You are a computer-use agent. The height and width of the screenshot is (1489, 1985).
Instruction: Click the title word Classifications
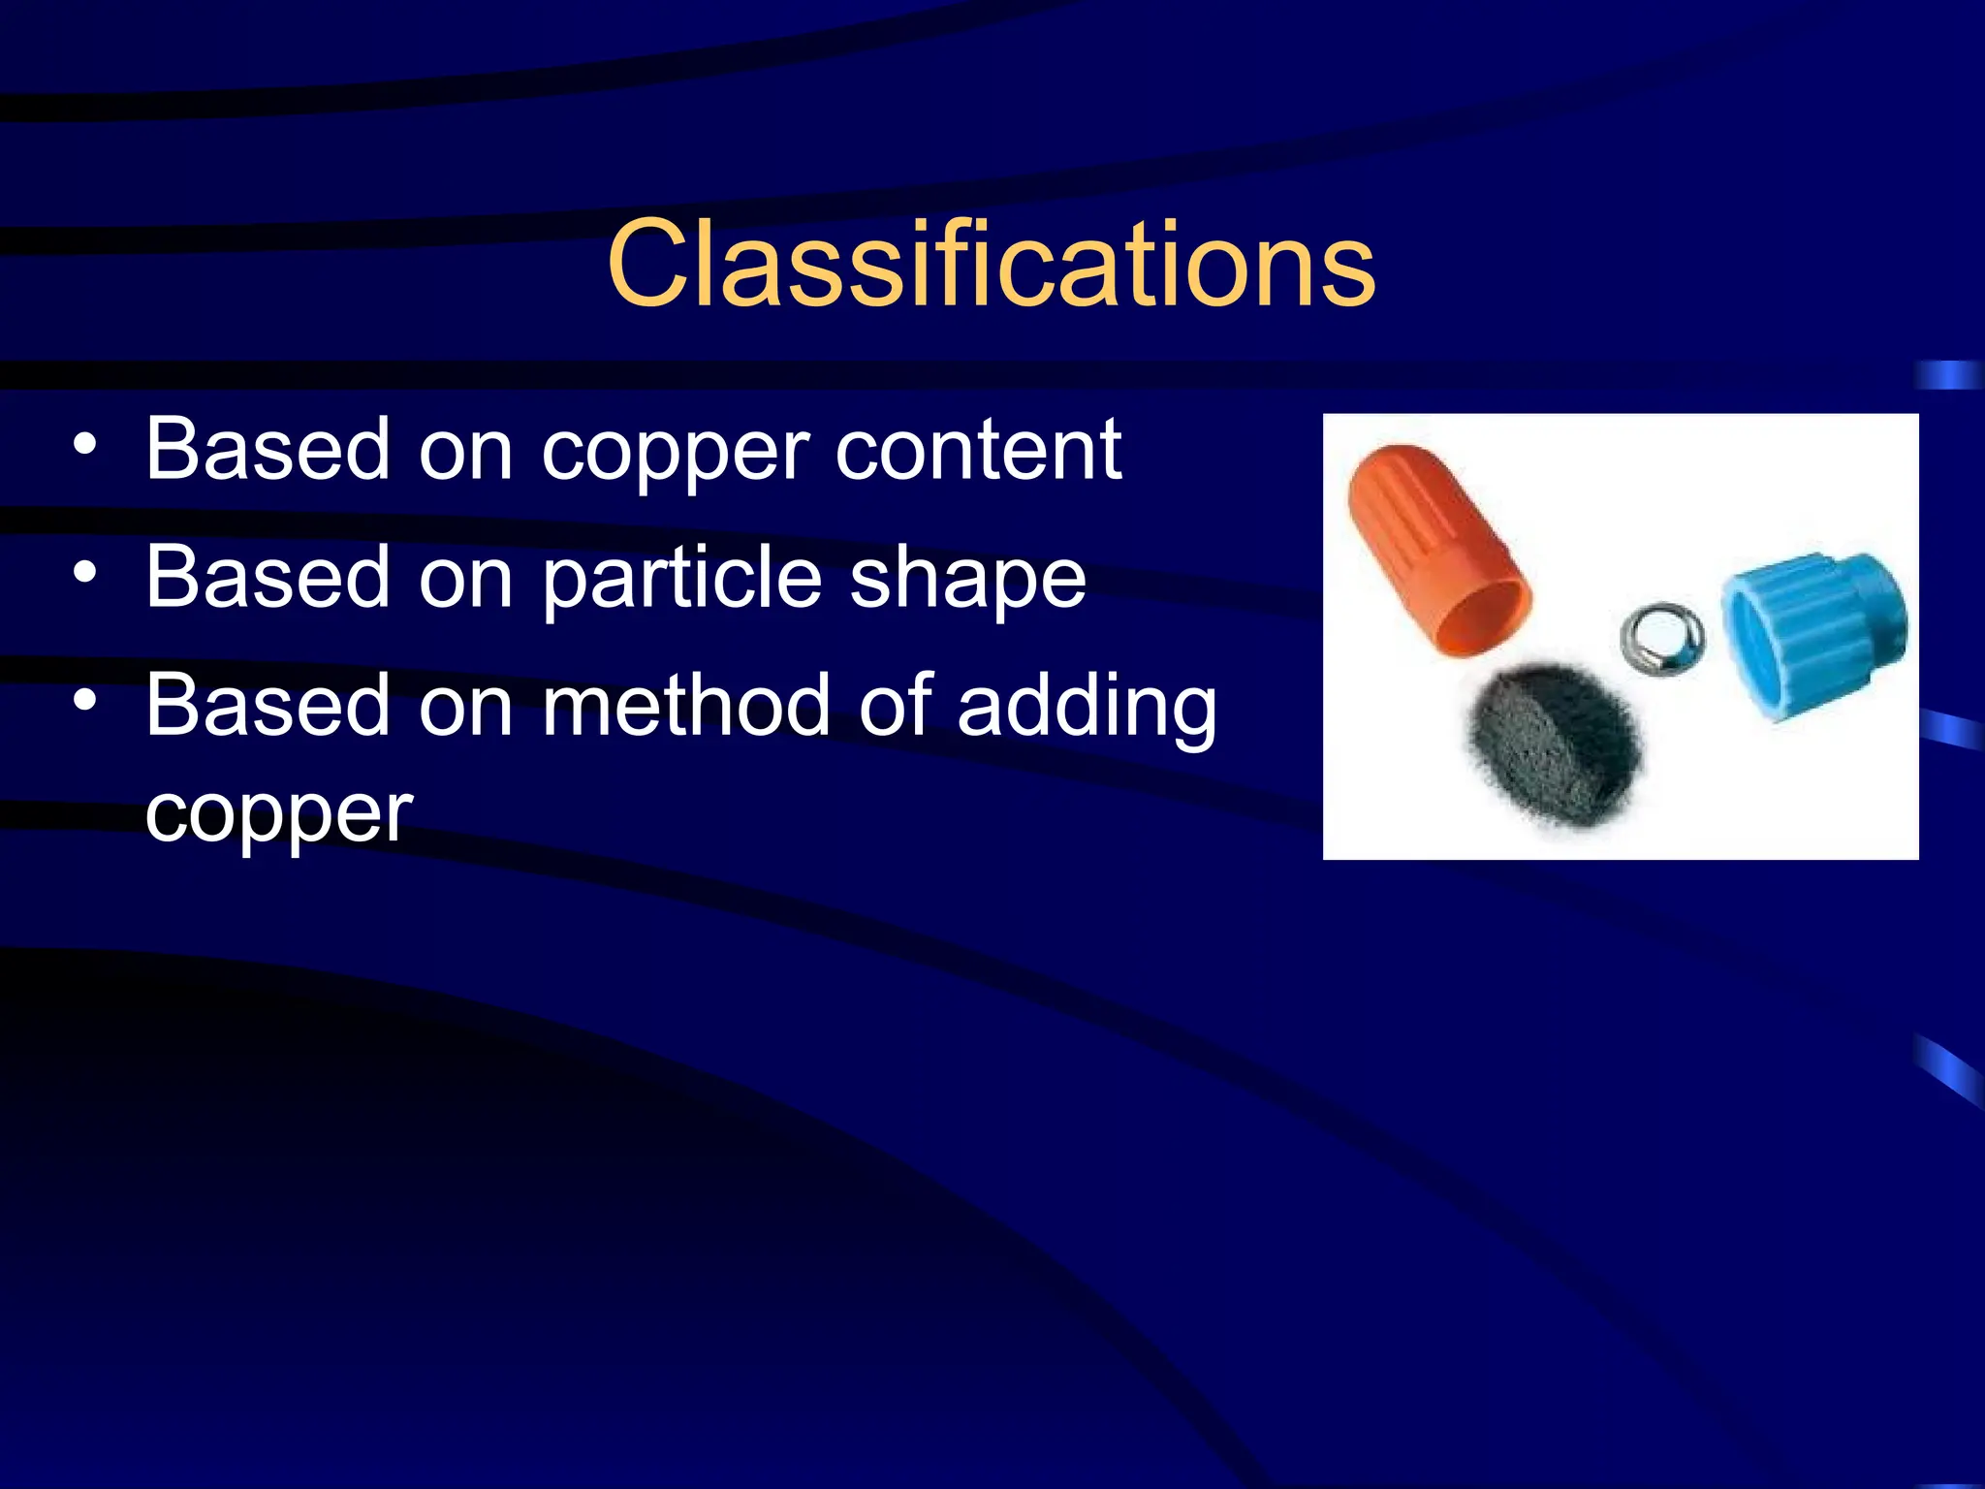click(991, 265)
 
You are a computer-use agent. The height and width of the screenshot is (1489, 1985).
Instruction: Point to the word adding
click(1087, 709)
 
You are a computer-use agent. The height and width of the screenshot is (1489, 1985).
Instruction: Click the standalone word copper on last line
click(278, 815)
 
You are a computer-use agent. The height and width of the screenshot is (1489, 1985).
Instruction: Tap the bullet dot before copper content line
click(85, 444)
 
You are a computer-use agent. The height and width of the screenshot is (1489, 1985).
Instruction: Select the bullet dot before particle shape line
click(85, 572)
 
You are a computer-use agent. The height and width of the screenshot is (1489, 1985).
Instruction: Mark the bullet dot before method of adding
click(85, 699)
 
